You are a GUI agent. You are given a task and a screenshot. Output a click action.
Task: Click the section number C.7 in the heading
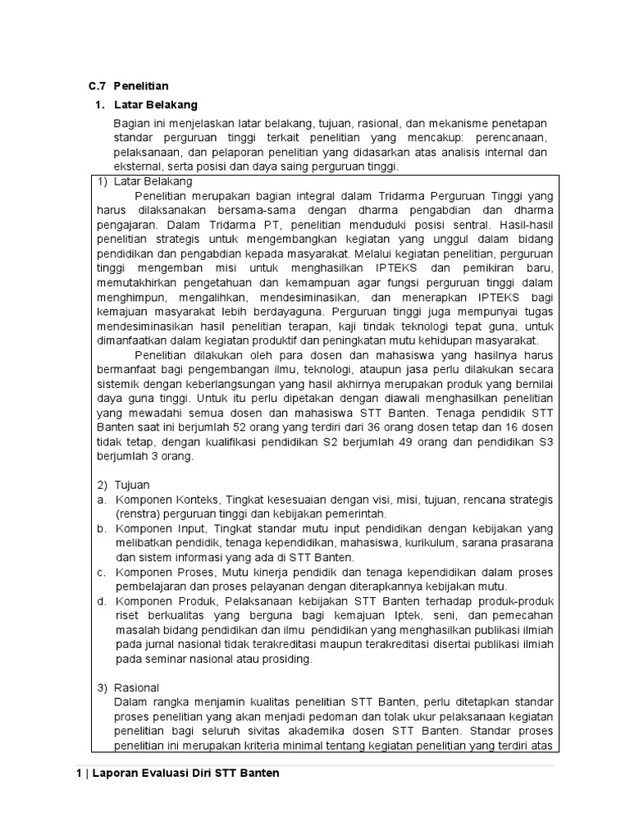pos(98,86)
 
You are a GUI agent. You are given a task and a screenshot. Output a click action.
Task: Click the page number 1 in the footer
pos(69,774)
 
